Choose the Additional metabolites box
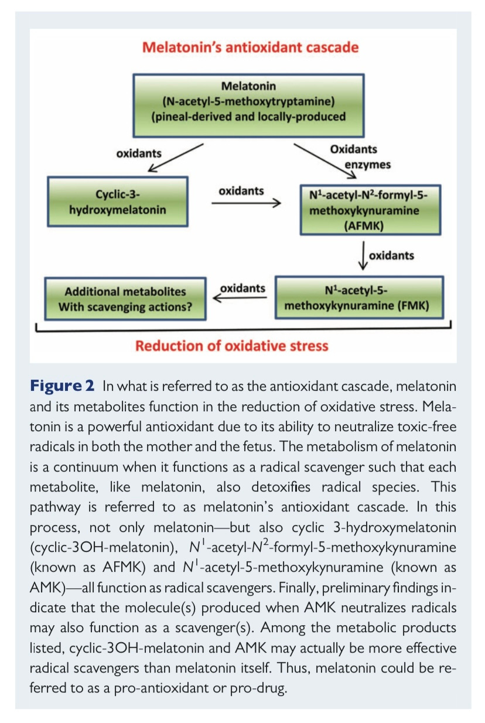coord(125,299)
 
